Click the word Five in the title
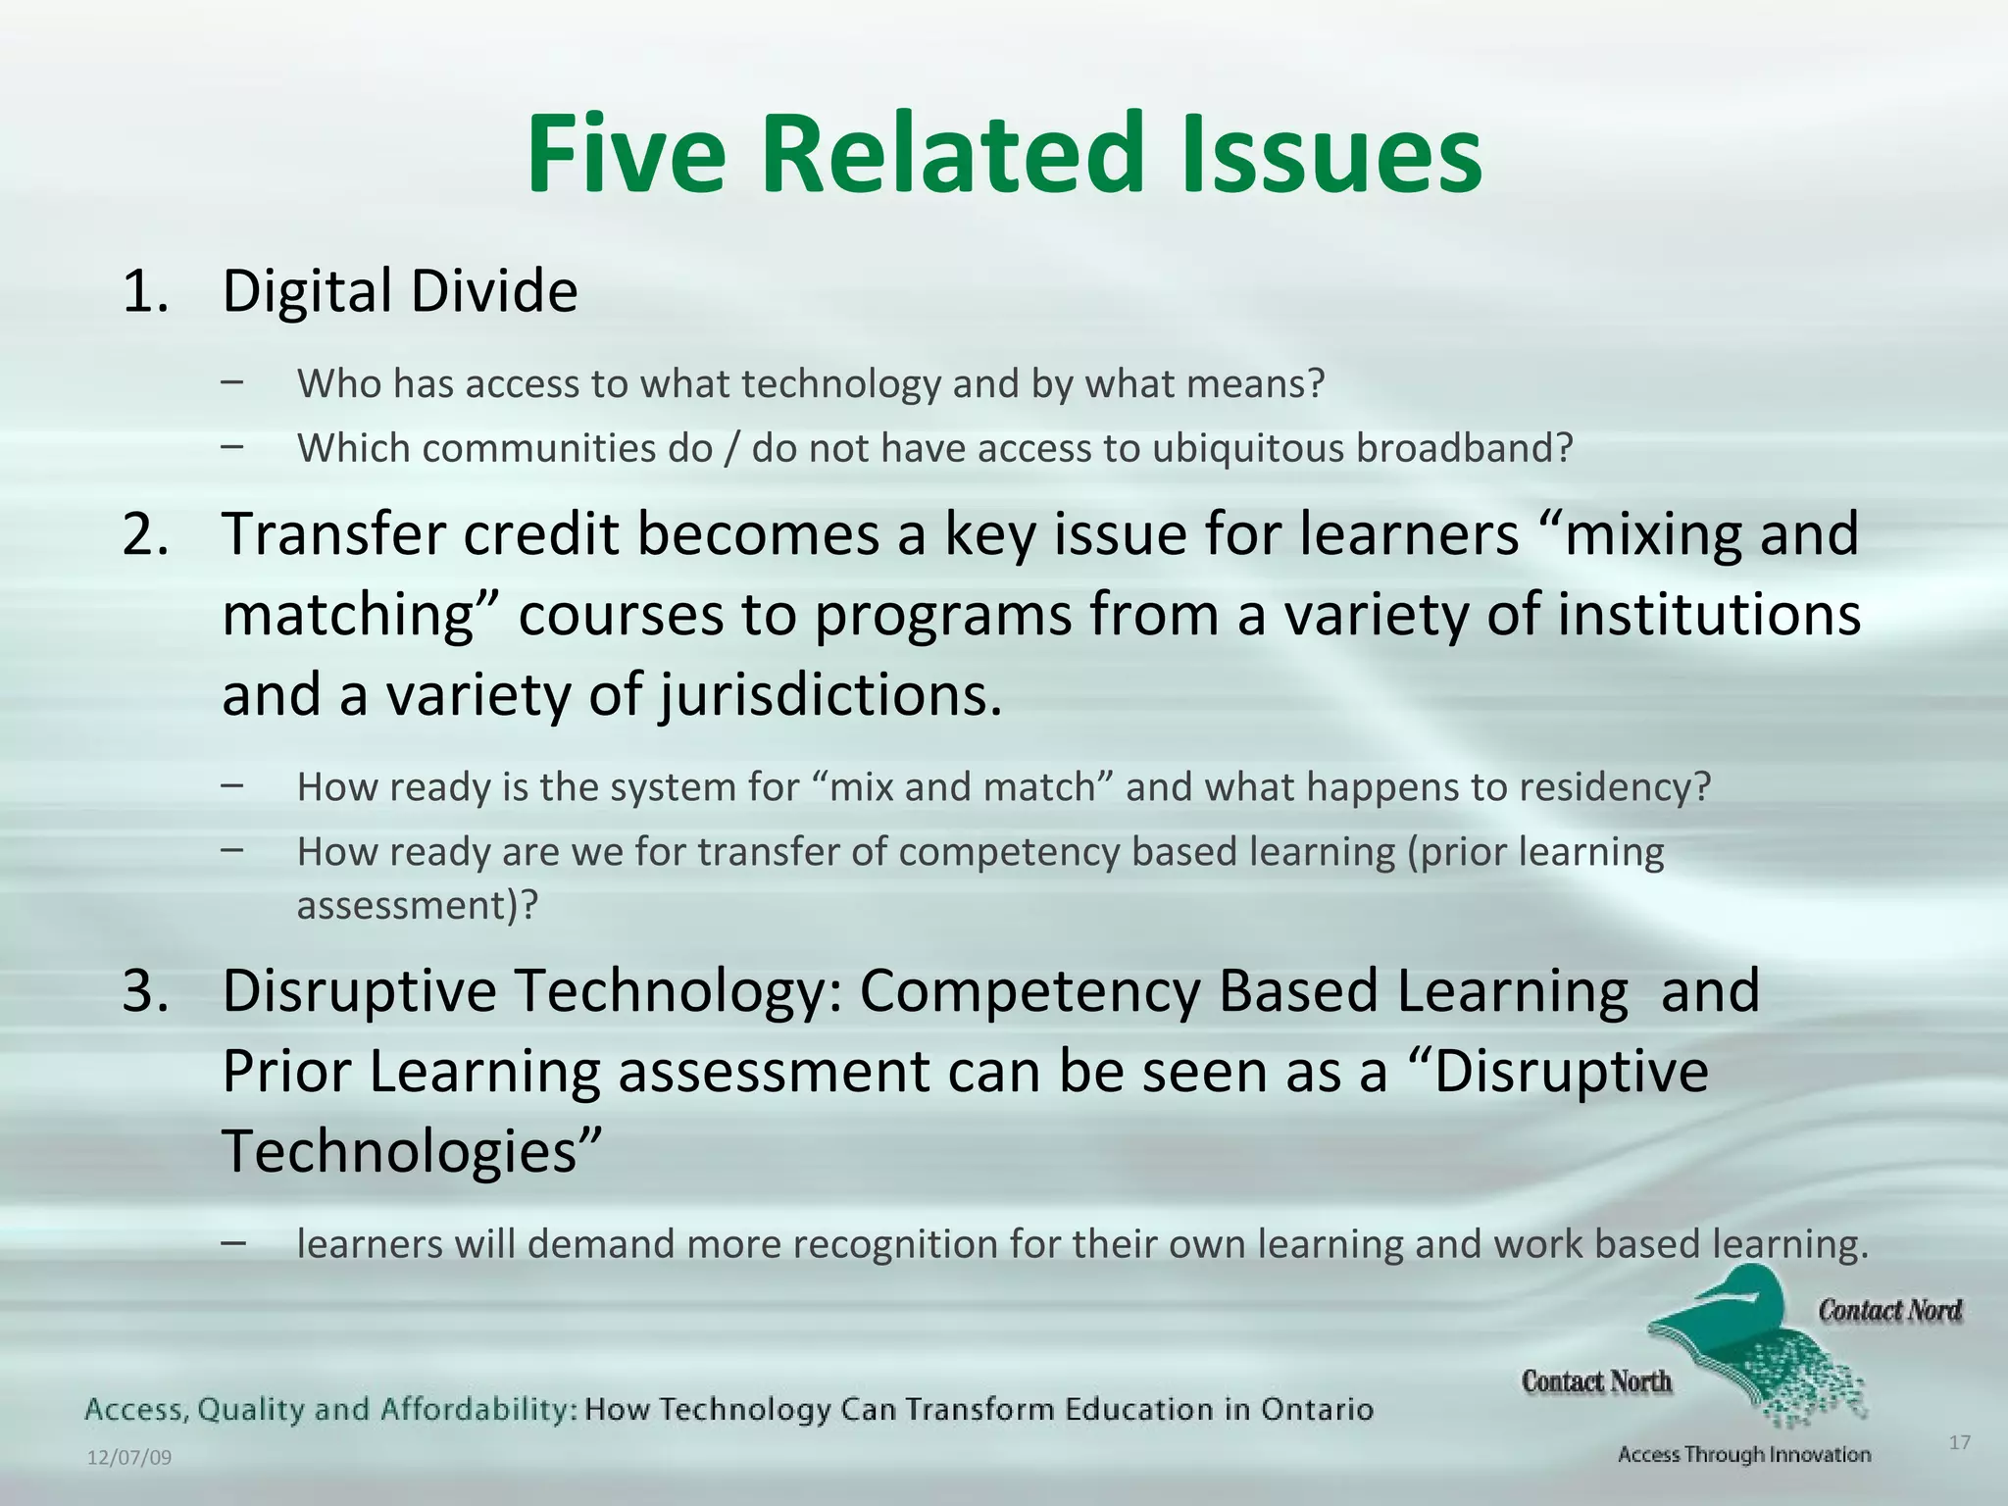pos(626,155)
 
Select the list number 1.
pos(145,291)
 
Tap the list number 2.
pos(145,534)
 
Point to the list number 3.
pos(145,991)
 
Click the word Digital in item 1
pos(307,291)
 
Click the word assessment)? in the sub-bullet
pos(418,905)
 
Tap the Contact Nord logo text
pos(1889,1311)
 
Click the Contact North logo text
pos(1596,1381)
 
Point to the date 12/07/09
pos(129,1458)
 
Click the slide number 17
pos(1959,1442)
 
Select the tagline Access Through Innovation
pos(1744,1455)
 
